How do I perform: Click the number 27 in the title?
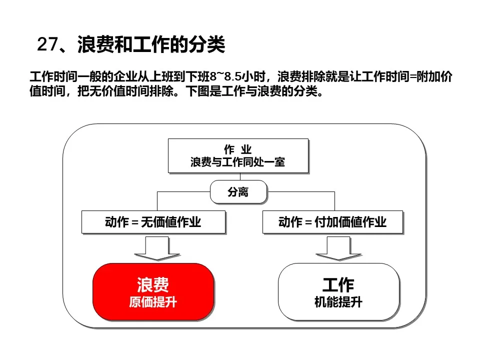coord(47,44)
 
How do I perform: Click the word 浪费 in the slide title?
coord(95,44)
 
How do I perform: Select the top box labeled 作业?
coord(238,156)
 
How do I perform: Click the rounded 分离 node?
coord(238,192)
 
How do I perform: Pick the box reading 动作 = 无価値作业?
coord(153,222)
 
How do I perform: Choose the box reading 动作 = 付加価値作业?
coord(332,222)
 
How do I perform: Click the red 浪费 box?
coord(153,291)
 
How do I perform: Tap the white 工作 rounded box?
coord(338,291)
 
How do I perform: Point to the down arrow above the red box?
coord(157,248)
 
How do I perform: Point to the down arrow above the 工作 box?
coord(338,248)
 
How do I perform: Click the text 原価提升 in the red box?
coord(153,302)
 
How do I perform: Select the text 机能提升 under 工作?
coord(338,302)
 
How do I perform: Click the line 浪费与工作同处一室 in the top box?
coord(237,162)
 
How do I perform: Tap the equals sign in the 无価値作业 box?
coord(135,222)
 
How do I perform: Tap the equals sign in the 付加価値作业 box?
coord(308,222)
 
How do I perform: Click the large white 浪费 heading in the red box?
coord(153,284)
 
